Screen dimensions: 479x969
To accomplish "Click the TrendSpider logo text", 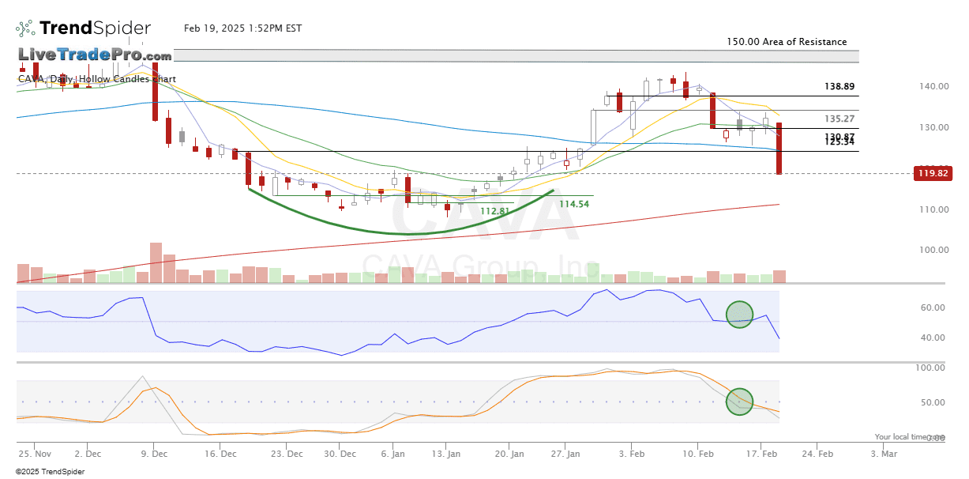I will [95, 28].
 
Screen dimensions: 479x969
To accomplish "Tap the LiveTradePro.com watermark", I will [95, 55].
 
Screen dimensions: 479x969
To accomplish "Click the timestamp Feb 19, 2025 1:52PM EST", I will [242, 28].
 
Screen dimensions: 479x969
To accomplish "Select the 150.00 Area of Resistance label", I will [787, 42].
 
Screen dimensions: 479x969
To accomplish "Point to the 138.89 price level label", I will [839, 86].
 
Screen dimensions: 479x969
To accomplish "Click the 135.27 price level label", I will [839, 119].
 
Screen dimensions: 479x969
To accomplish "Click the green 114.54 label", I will [574, 204].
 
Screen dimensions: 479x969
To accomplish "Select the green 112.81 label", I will [495, 211].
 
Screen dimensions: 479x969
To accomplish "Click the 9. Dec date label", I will [154, 454].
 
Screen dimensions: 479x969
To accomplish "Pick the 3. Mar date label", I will [884, 454].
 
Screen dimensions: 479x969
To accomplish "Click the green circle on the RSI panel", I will [739, 315].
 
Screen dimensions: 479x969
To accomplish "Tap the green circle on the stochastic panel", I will [740, 401].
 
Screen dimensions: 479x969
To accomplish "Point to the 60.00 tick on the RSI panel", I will [933, 308].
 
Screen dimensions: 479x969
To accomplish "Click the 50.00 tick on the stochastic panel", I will [933, 402].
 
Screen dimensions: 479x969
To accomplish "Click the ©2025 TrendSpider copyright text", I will [50, 472].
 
